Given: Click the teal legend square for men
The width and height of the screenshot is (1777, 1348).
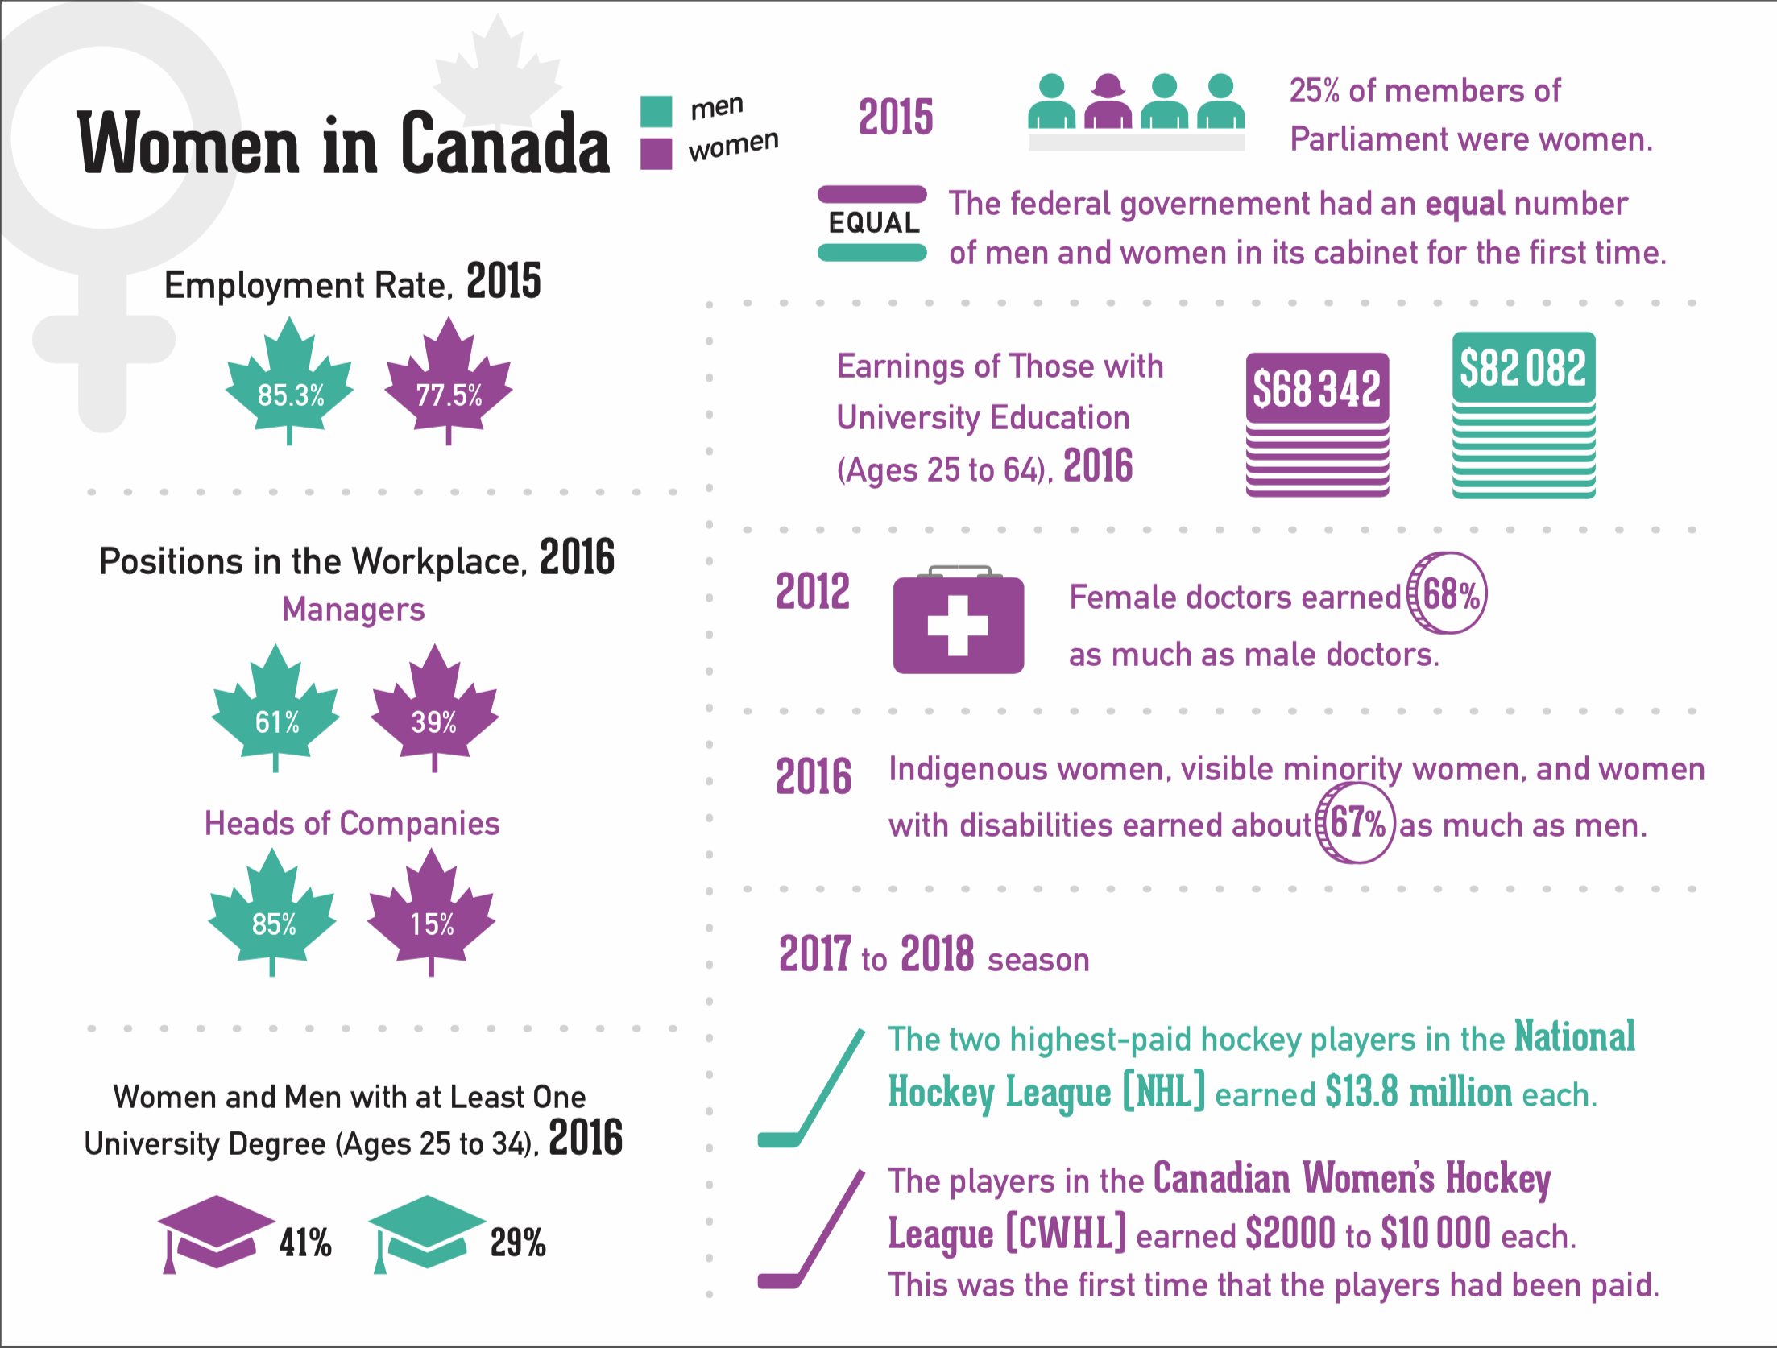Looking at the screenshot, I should pyautogui.click(x=656, y=112).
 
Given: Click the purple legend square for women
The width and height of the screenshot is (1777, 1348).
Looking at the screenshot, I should pyautogui.click(x=656, y=154).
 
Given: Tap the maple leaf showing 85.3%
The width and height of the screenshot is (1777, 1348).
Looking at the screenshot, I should pyautogui.click(x=290, y=387).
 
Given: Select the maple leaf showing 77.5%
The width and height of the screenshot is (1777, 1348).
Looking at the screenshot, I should pyautogui.click(x=449, y=387).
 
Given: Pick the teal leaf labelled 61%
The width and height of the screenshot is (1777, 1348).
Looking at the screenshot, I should pyautogui.click(x=276, y=713).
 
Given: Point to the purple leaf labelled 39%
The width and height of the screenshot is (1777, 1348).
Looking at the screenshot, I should pyautogui.click(x=435, y=713).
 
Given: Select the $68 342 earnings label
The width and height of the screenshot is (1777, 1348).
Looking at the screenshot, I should pyautogui.click(x=1317, y=388).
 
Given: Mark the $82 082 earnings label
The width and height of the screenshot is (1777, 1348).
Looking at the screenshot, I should pyautogui.click(x=1523, y=368).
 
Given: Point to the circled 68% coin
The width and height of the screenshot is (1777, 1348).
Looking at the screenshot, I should pyautogui.click(x=1448, y=593).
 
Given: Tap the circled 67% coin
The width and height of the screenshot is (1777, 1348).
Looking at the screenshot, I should pyautogui.click(x=1356, y=823).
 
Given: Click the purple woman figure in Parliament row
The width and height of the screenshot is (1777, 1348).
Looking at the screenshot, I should pyautogui.click(x=1108, y=102).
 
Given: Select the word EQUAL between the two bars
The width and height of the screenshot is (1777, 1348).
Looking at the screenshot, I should pyautogui.click(x=873, y=223).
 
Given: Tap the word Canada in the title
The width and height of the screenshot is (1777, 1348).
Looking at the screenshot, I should pyautogui.click(x=505, y=144).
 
